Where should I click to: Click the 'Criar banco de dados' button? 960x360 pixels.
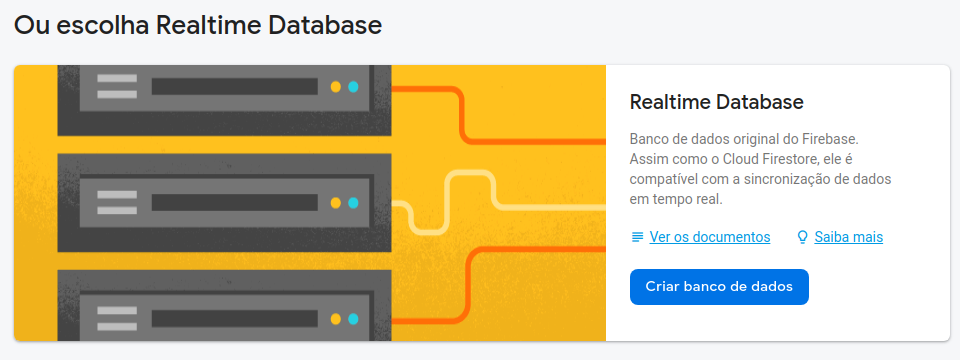pyautogui.click(x=719, y=286)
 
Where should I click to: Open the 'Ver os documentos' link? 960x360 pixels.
pyautogui.click(x=710, y=237)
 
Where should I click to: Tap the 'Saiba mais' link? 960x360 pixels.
pyautogui.click(x=848, y=237)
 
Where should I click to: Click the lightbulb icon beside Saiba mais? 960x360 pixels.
pyautogui.click(x=802, y=237)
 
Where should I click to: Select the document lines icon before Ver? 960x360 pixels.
pyautogui.click(x=637, y=237)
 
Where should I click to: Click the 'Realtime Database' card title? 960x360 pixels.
pyautogui.click(x=717, y=102)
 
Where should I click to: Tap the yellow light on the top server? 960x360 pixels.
pyautogui.click(x=336, y=86)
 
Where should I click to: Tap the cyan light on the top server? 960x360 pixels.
pyautogui.click(x=353, y=86)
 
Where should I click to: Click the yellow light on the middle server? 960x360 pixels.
pyautogui.click(x=336, y=203)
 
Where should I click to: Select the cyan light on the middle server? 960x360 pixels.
pyautogui.click(x=353, y=203)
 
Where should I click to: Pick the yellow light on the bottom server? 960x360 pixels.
pyautogui.click(x=336, y=319)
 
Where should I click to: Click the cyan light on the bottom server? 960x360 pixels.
pyautogui.click(x=353, y=319)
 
